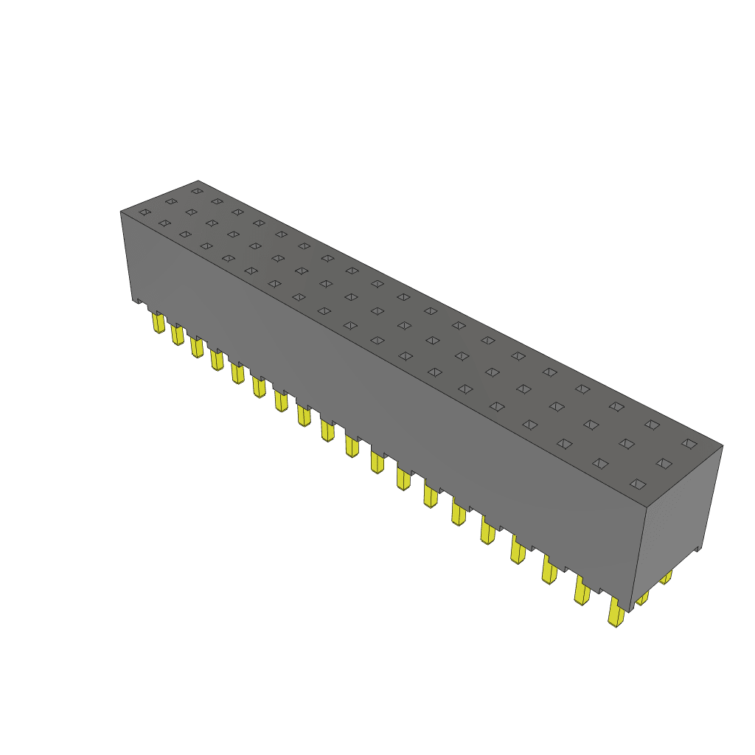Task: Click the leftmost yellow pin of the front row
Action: click(x=158, y=322)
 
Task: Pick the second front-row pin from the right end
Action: click(x=582, y=591)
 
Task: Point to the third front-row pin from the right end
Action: click(x=550, y=570)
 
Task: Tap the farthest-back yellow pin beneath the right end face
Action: click(x=666, y=577)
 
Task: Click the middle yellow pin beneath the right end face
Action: click(x=642, y=596)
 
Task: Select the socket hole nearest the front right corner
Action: click(x=639, y=484)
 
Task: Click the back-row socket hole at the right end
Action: click(x=689, y=443)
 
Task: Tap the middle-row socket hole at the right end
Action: click(x=664, y=463)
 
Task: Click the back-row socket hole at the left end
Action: click(x=196, y=191)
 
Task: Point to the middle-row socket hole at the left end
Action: click(x=171, y=201)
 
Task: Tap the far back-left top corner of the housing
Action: click(x=198, y=181)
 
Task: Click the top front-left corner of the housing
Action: click(x=121, y=212)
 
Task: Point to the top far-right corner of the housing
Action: click(x=723, y=445)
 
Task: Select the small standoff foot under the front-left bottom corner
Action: click(x=137, y=300)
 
